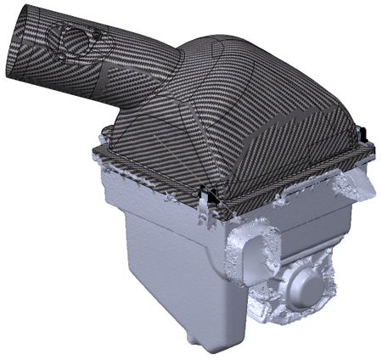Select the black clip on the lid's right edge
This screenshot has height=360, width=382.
(x=360, y=134)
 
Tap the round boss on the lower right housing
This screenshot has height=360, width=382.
(x=306, y=289)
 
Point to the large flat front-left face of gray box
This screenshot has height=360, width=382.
(x=161, y=263)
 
